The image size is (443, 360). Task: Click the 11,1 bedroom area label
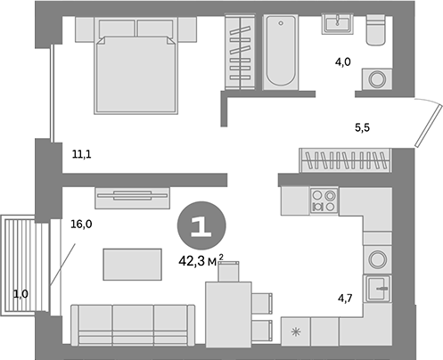point(82,154)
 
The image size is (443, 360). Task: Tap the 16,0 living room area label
point(81,225)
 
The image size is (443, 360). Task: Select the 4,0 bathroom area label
point(342,62)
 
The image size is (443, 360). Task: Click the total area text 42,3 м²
point(199,260)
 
